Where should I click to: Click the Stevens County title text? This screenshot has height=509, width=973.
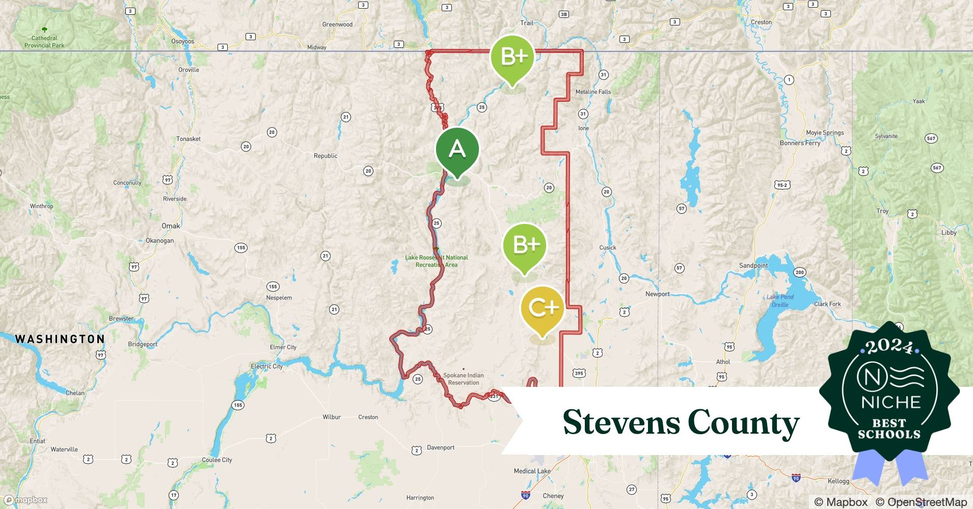pos(681,422)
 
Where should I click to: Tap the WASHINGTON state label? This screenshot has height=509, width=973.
pos(60,339)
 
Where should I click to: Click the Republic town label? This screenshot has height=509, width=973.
pos(326,156)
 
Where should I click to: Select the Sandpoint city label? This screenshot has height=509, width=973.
pos(753,266)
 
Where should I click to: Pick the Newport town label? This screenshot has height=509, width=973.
pos(657,294)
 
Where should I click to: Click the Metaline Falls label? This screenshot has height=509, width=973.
pos(593,92)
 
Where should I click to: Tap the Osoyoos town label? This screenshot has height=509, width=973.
pos(182,41)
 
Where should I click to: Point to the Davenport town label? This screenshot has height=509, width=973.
pos(441,447)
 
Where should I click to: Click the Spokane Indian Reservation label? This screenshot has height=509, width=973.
pos(463,379)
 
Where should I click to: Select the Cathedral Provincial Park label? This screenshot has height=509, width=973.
pos(44,41)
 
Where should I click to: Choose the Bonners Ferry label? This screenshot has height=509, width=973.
pos(800,143)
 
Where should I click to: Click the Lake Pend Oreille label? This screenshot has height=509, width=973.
pos(779,301)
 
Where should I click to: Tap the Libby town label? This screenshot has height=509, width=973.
pos(949,233)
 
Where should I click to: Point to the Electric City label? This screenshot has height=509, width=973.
pos(266,366)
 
